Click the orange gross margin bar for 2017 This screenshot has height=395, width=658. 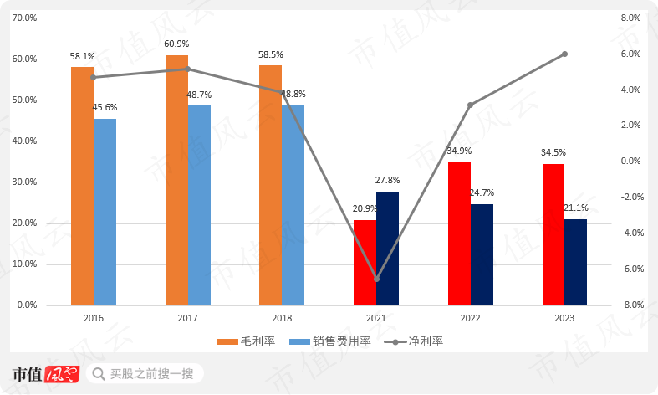176,180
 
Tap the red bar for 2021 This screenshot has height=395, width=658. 365,262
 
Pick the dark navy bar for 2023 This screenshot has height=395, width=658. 575,262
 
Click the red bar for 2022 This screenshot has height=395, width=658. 459,233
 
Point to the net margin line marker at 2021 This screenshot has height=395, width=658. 376,279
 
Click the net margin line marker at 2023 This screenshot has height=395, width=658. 564,54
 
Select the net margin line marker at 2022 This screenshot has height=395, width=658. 470,105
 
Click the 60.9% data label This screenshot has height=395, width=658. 176,44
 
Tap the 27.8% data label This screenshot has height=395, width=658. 388,180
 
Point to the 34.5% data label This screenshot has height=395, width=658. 553,152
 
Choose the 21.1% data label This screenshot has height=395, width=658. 577,208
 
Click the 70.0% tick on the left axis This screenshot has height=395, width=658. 26,18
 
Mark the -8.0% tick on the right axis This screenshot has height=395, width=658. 632,305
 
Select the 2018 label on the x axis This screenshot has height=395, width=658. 282,319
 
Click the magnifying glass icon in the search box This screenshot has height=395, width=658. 99,373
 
